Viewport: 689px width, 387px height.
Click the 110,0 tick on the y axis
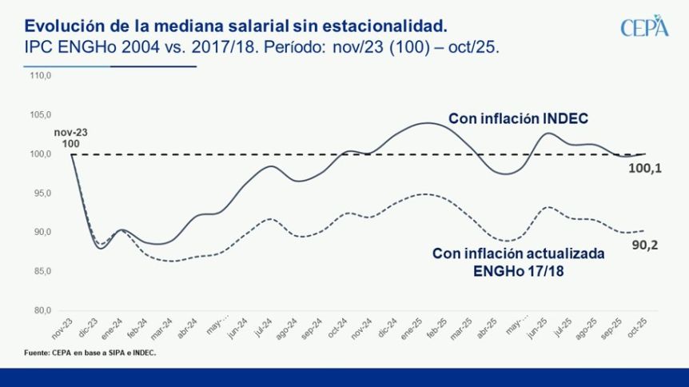40,76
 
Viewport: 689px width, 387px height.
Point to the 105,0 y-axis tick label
40,115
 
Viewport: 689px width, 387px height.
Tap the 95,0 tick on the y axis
41,193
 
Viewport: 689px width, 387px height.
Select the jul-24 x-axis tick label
261,327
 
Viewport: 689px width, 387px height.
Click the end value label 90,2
644,245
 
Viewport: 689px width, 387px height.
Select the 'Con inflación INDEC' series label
518,119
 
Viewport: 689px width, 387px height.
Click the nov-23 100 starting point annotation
70,137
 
